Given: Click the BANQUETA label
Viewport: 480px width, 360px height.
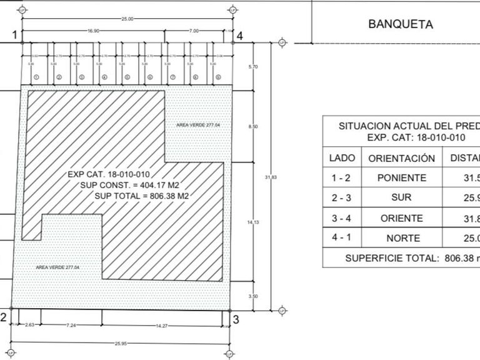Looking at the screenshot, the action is (x=401, y=25).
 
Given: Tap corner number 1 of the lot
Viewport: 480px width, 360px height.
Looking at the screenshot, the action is (x=15, y=35).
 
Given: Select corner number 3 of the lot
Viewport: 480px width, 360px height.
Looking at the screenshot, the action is (x=236, y=319).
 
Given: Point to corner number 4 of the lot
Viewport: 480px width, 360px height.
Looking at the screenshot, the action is (x=239, y=35).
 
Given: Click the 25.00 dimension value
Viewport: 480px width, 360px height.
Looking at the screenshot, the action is (x=127, y=19).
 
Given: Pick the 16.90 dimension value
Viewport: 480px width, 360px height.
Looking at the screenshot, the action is (x=94, y=30).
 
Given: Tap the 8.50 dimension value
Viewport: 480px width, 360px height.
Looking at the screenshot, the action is (x=252, y=127).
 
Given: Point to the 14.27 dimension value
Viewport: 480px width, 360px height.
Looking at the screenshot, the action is (x=162, y=326).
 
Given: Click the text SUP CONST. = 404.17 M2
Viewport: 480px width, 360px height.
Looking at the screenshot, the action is (x=134, y=185).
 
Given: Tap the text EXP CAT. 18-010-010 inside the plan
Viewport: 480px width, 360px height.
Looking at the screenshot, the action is (x=109, y=174).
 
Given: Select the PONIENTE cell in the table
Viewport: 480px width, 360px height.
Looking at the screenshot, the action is (x=402, y=178).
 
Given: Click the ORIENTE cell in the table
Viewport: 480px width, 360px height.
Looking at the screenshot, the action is (x=402, y=218).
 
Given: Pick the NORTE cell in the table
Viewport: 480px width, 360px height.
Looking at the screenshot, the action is (x=402, y=238).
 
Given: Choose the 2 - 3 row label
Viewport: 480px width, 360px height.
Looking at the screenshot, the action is (x=341, y=198).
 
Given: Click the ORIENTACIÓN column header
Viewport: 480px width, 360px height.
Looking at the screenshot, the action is (x=402, y=158).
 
